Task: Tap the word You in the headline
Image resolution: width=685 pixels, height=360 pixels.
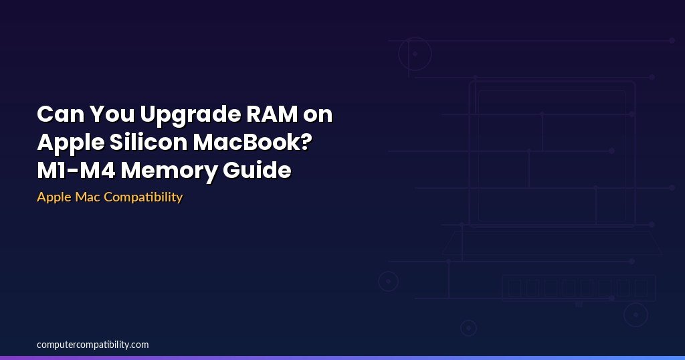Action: click(x=111, y=114)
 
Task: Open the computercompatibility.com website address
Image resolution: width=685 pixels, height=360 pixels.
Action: click(x=93, y=345)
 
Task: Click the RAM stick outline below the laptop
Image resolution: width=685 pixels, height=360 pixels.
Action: click(x=579, y=288)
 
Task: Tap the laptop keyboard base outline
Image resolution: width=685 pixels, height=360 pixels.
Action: click(x=552, y=242)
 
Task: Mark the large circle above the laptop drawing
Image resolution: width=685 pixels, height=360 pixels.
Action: click(x=415, y=54)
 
